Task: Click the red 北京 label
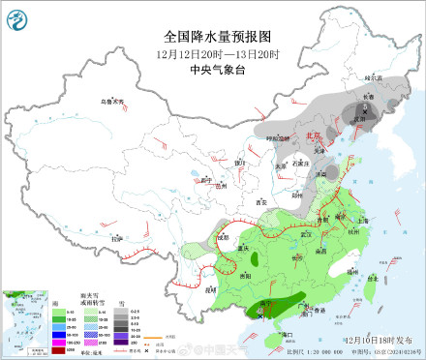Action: pyautogui.click(x=312, y=136)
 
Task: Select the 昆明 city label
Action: pyautogui.click(x=208, y=287)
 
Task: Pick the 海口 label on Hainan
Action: pyautogui.click(x=288, y=334)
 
